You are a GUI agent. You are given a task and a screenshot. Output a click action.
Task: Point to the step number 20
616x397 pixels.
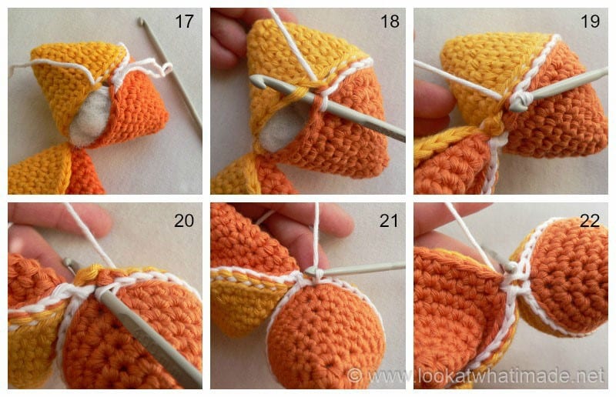click(x=184, y=222)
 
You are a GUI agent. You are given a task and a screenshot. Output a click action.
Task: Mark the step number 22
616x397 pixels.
click(x=591, y=222)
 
